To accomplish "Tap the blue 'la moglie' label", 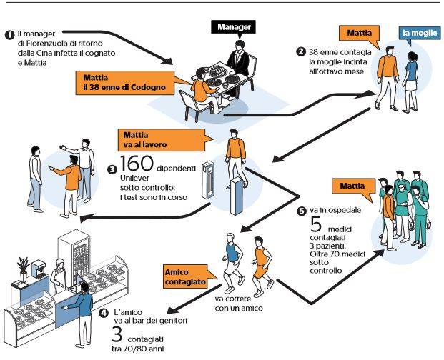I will pos(416,34).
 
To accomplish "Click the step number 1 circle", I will pos(9,34).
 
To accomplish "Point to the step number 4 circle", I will pos(103,313).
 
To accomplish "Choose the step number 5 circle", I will pos(301,211).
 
